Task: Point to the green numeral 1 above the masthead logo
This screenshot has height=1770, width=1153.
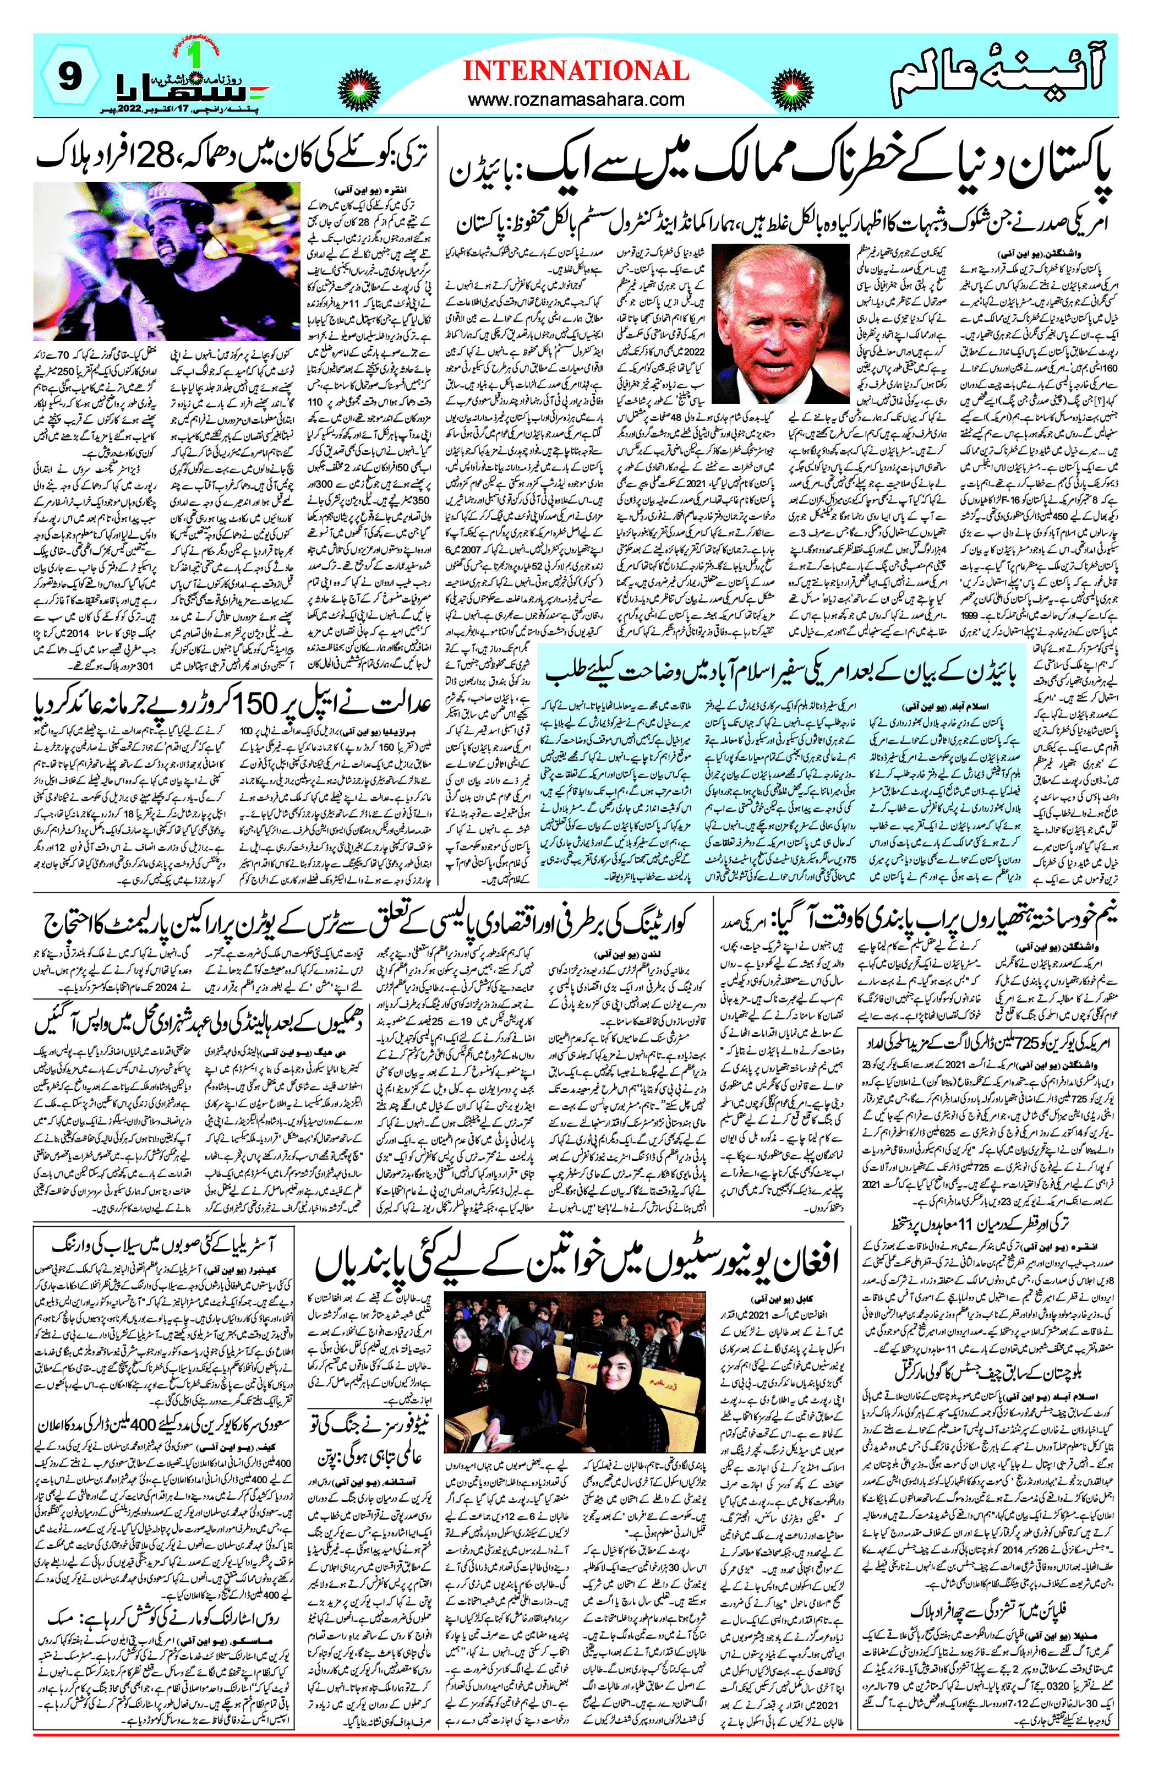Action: (195, 55)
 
